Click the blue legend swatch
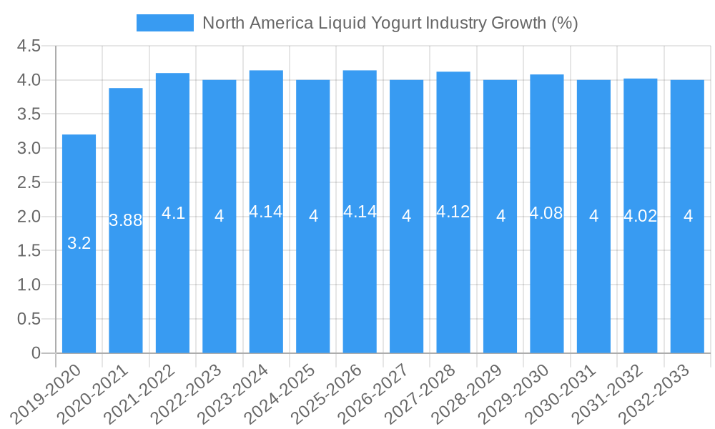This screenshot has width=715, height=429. point(165,23)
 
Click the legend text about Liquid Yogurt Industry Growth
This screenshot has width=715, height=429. point(390,23)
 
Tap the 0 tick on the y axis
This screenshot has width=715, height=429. point(36,353)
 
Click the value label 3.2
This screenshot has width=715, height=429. point(79,243)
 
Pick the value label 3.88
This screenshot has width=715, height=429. point(126,220)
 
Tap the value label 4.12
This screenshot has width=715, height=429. point(453,212)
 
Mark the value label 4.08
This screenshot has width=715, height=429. point(546,213)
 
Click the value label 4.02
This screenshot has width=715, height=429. point(640,216)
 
